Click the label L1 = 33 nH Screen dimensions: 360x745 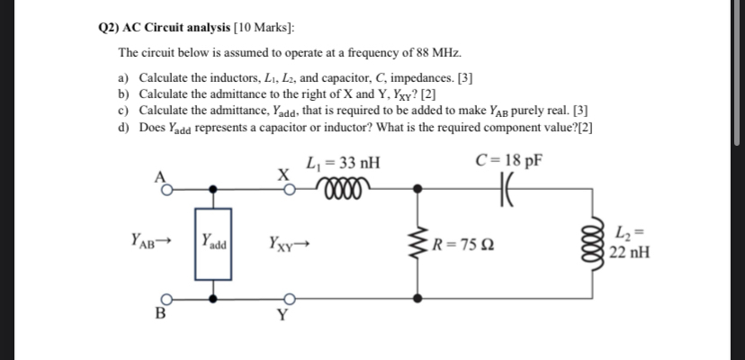(x=343, y=163)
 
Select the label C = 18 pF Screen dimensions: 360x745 (x=507, y=163)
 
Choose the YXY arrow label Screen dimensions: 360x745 (x=290, y=241)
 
